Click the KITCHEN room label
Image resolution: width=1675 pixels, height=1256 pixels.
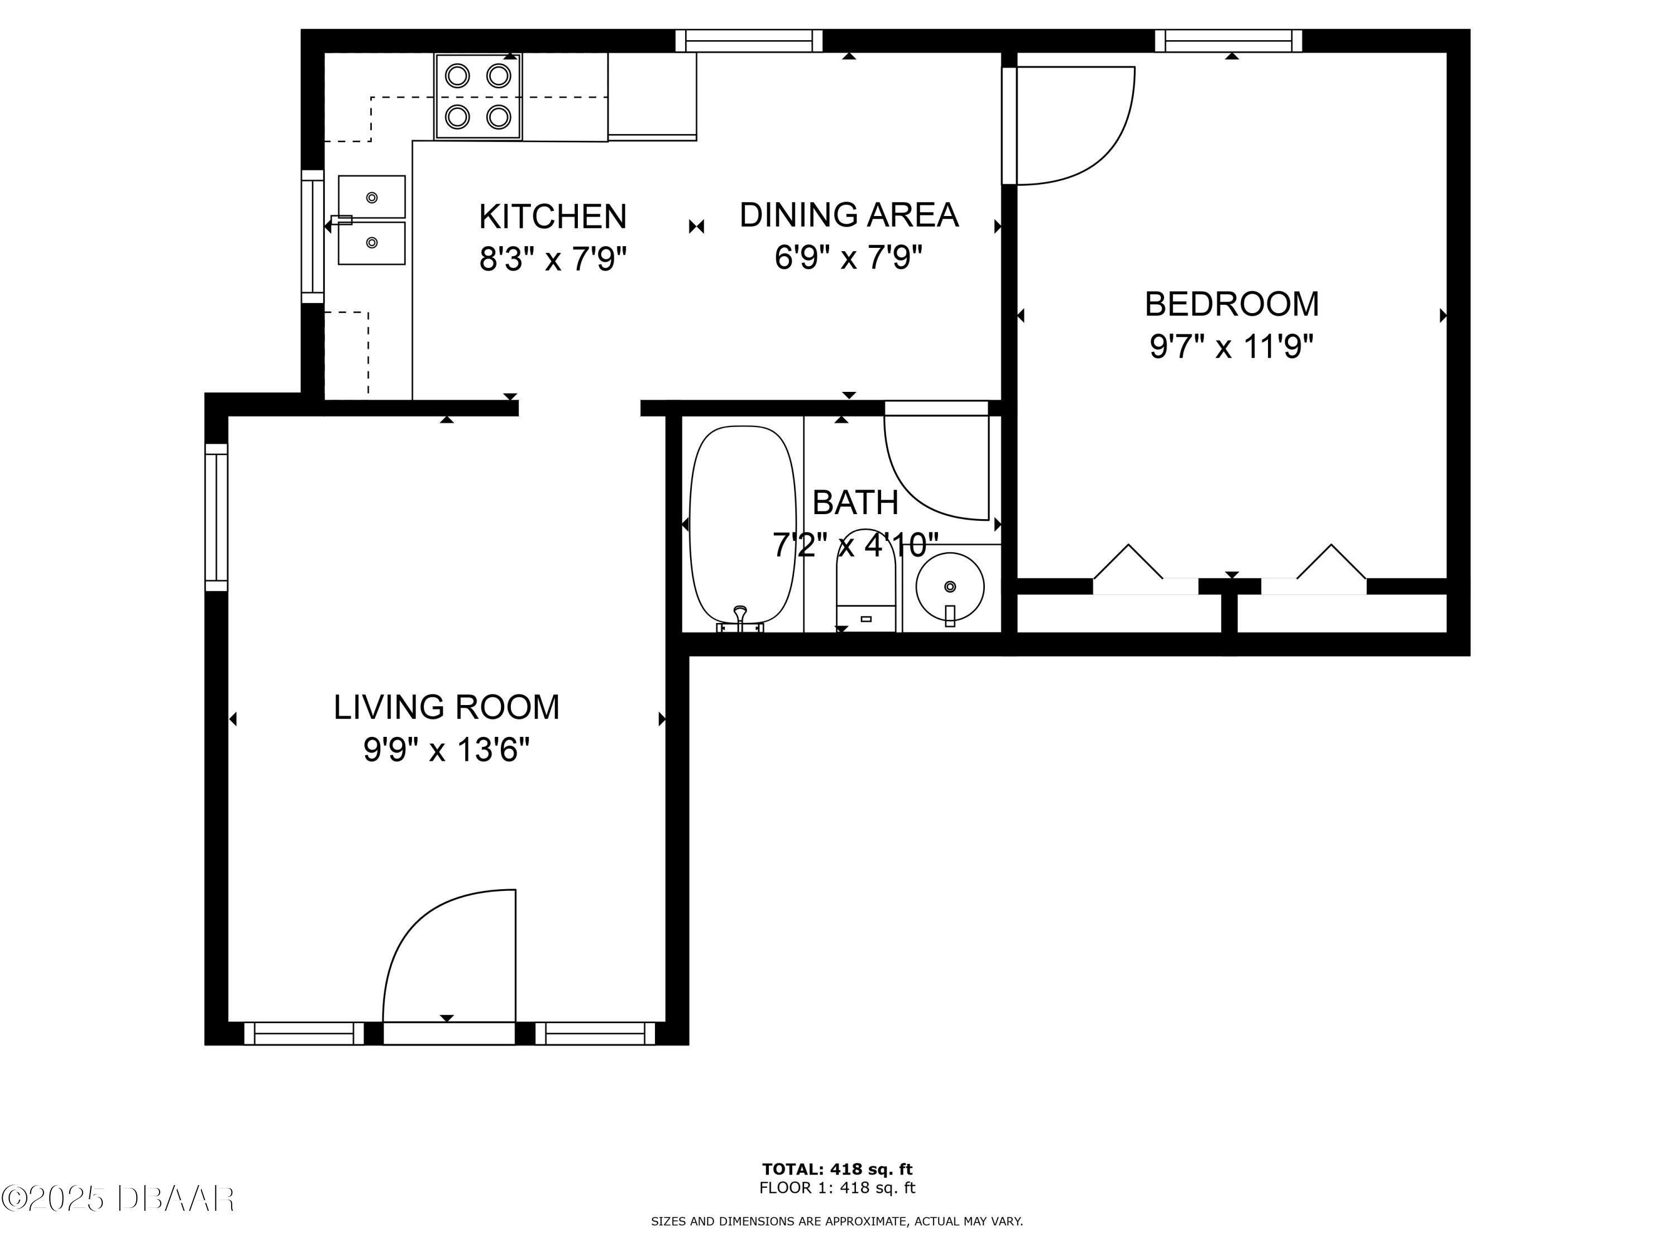[553, 217]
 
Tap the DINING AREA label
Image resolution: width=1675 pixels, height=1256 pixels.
[849, 215]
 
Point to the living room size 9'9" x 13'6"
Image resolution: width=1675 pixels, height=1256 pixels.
[447, 750]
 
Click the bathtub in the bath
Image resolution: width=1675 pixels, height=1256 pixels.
[743, 524]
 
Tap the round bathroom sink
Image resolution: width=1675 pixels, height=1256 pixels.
[950, 587]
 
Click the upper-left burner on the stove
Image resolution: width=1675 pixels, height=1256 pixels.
[457, 76]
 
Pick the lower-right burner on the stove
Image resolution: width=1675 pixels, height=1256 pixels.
[498, 117]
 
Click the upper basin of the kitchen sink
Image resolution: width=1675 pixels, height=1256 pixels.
[371, 197]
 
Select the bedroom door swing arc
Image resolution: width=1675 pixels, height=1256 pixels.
[1075, 125]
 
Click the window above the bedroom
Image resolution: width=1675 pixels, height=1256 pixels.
[1228, 41]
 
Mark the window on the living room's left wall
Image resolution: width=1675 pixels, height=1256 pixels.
[217, 517]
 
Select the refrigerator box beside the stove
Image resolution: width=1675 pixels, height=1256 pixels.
[652, 96]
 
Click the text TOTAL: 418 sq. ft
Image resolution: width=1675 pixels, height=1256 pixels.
[837, 1169]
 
